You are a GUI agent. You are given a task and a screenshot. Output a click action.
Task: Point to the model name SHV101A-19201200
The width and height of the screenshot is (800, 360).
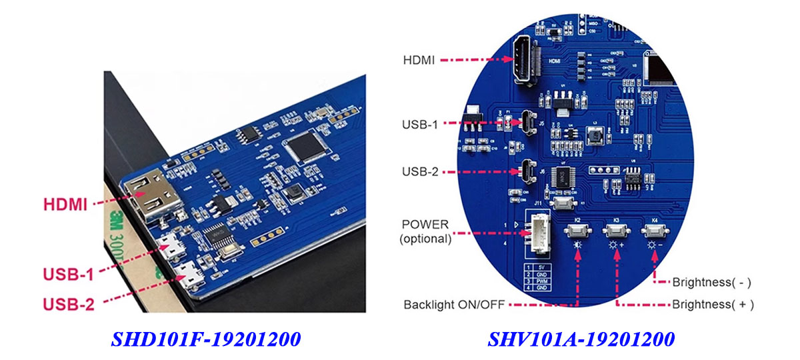(x=581, y=339)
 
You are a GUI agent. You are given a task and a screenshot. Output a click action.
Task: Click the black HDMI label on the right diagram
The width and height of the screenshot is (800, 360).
(x=419, y=60)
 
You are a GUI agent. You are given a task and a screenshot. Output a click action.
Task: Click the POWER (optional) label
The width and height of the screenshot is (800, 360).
(x=425, y=231)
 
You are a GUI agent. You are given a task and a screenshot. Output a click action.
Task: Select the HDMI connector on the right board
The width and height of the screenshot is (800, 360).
(x=522, y=61)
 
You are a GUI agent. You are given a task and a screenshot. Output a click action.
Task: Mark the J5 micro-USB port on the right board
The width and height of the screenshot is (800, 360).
(x=527, y=123)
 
